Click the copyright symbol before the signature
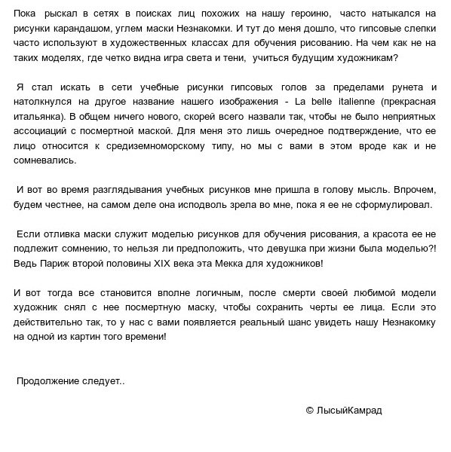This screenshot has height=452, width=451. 309,411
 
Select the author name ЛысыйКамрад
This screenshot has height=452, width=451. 348,411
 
